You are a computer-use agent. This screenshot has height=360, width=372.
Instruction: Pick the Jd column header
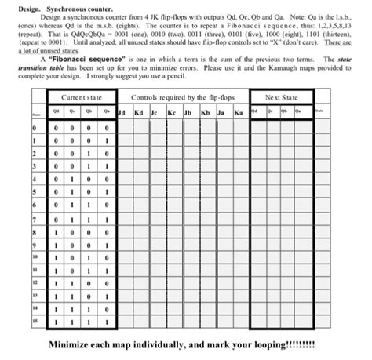pyautogui.click(x=121, y=112)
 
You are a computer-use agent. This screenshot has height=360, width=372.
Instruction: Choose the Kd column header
pyautogui.click(x=138, y=112)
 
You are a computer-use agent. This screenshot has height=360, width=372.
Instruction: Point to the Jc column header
pyautogui.click(x=155, y=112)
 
